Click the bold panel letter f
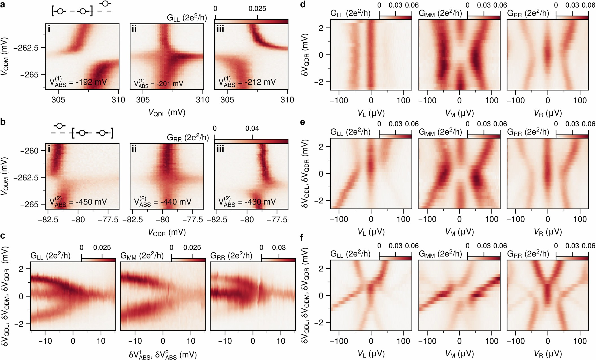point(302,238)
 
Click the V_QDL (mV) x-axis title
point(167,113)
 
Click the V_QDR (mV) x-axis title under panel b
point(167,232)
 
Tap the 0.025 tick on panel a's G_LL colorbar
point(257,9)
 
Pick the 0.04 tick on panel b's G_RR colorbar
point(252,129)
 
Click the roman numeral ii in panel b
point(134,149)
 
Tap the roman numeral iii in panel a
point(220,29)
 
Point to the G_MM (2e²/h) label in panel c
point(142,256)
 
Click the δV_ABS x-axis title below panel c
point(163,354)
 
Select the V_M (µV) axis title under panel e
point(459,232)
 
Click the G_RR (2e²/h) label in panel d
point(528,13)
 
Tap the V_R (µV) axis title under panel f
point(547,354)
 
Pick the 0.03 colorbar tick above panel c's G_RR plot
point(279,248)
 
